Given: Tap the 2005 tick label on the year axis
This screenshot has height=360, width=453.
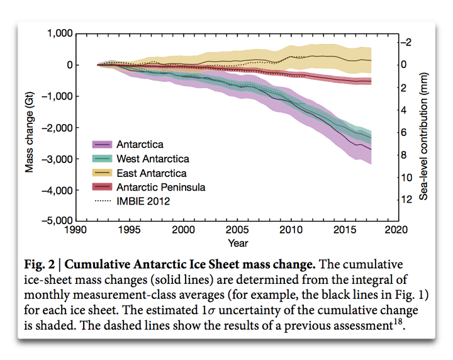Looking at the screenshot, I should click(236, 231).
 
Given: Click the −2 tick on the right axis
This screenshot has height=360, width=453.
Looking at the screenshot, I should click(408, 42).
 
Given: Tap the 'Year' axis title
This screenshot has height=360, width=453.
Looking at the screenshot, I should click(238, 243).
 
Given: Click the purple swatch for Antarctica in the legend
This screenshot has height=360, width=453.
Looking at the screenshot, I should click(103, 145).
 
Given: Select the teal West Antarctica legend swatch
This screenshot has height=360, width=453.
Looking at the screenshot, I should click(103, 159).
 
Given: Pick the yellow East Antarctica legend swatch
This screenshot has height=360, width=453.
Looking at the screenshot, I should click(103, 173).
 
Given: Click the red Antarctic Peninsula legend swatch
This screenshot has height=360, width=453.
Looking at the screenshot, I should click(103, 187).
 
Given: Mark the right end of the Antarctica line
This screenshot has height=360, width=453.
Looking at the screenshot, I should click(371, 149).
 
